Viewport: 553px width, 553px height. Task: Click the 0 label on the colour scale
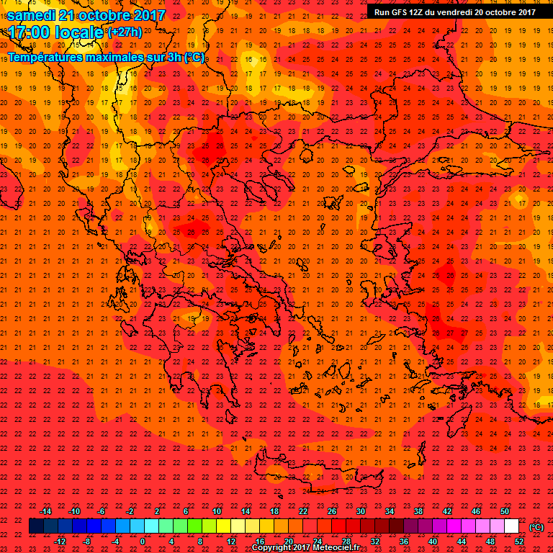point(143,541)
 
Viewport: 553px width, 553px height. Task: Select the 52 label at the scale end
point(518,541)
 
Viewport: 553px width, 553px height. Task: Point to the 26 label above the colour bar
point(332,511)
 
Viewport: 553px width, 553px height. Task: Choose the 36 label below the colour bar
point(403,541)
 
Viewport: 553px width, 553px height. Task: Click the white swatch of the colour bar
point(511,526)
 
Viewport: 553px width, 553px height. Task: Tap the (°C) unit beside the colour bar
point(536,527)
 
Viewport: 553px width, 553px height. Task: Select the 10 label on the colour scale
point(216,511)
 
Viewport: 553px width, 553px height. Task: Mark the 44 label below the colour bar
point(462,541)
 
